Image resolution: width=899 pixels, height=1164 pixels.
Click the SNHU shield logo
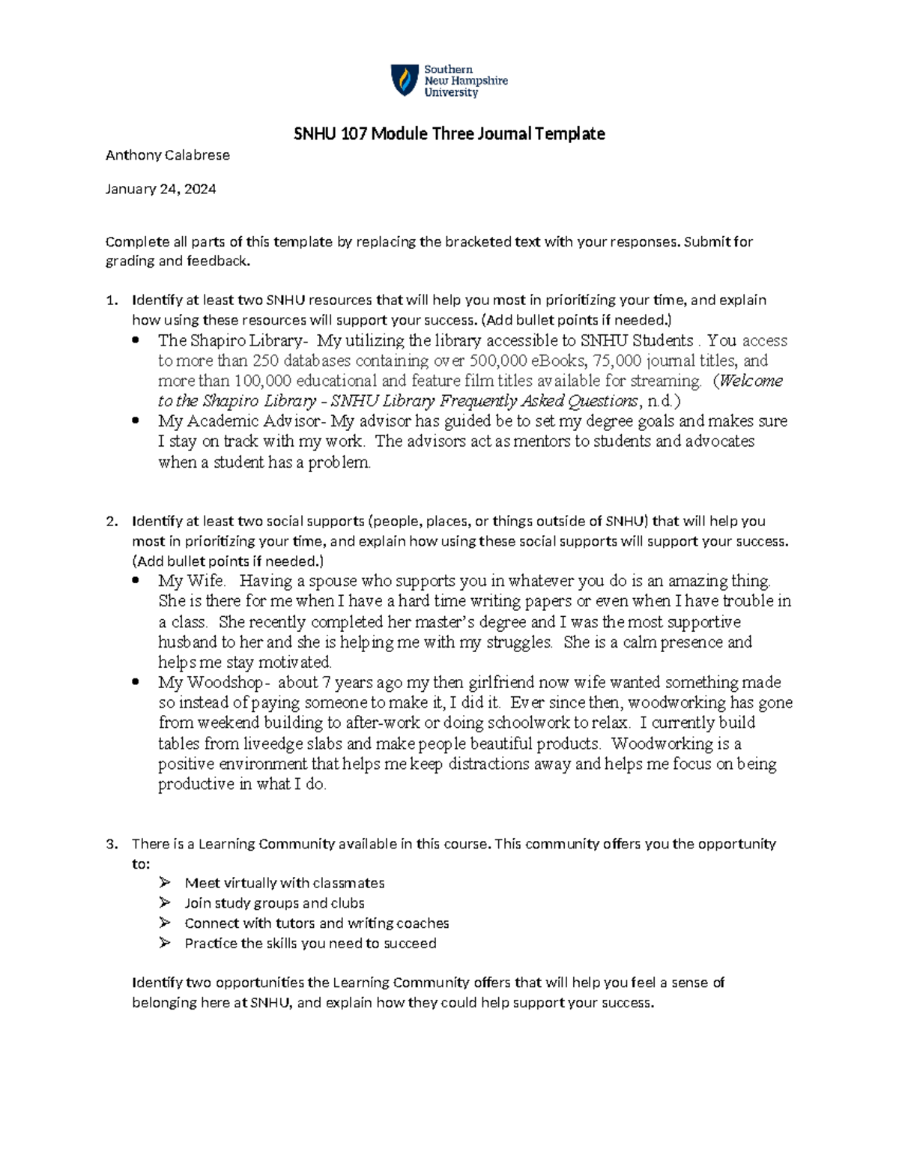[x=405, y=80]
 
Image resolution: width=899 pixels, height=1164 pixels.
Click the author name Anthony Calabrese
[x=167, y=155]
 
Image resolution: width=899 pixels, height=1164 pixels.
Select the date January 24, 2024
[x=160, y=189]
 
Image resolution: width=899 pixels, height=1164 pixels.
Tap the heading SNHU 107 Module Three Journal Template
[x=449, y=134]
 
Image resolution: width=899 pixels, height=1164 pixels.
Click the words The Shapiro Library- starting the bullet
[x=233, y=340]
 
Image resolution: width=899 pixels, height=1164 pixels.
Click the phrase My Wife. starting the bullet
[x=192, y=581]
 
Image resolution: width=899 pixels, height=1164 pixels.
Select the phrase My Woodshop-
[x=211, y=683]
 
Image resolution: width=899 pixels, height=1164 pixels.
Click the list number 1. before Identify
[x=112, y=301]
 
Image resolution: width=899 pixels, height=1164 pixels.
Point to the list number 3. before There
[x=112, y=844]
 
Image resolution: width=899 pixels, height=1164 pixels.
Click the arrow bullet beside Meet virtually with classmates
[x=165, y=883]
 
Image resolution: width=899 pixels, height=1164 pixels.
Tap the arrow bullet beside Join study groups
[x=165, y=903]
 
